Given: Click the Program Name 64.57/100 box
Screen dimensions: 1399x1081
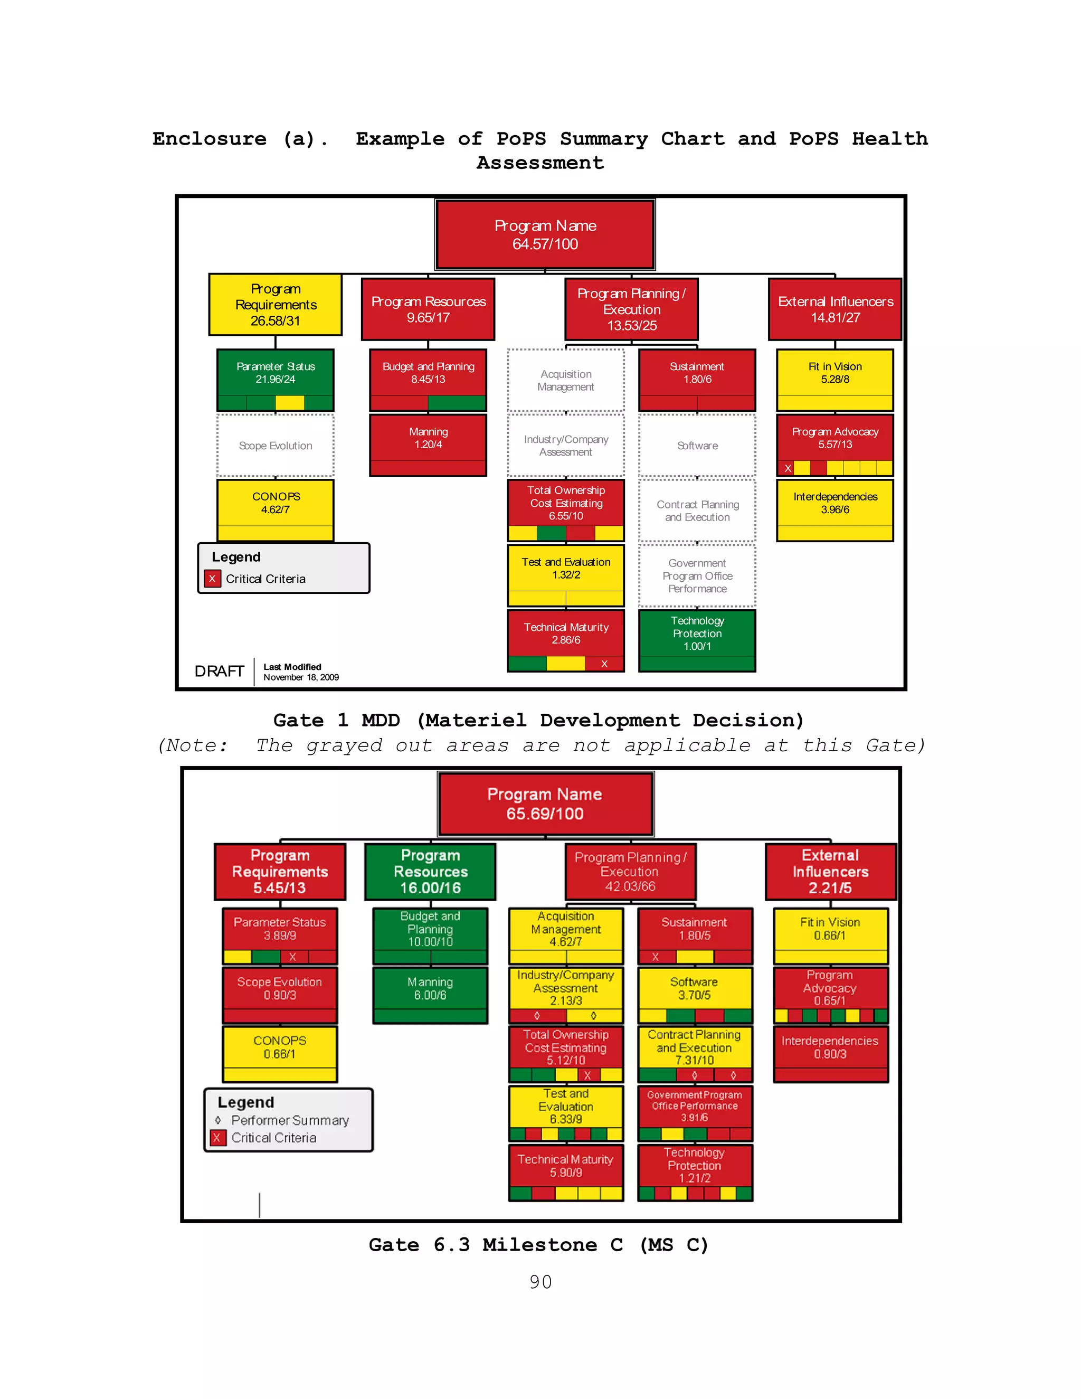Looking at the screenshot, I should coord(545,234).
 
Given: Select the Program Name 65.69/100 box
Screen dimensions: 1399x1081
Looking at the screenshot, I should coord(545,804).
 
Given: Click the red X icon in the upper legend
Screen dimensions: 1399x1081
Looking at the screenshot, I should coord(212,579).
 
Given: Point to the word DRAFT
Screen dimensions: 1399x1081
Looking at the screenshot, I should coord(219,672).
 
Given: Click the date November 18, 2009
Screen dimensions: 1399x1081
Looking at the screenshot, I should coord(301,677).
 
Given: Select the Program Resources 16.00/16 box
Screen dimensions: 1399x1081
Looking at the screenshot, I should coord(430,872).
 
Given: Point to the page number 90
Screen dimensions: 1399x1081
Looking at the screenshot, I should coord(540,1282).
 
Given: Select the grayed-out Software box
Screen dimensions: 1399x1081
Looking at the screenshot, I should coord(697,445).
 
